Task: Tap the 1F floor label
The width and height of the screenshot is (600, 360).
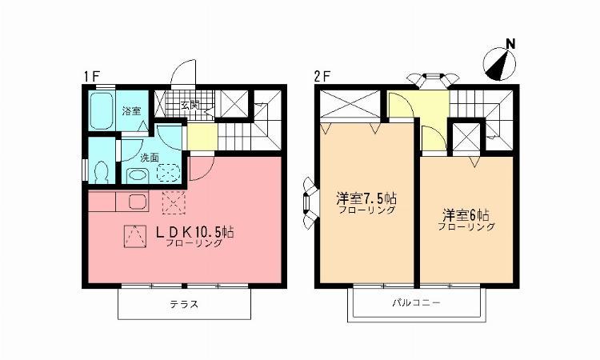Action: pos(90,77)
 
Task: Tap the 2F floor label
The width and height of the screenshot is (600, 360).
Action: pos(322,77)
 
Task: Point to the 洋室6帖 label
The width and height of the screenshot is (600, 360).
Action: pos(467,215)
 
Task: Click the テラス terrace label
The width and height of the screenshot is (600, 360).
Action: pos(184,305)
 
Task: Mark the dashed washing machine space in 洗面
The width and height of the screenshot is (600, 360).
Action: pos(169,173)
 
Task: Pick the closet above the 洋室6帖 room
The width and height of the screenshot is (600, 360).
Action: pos(467,137)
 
